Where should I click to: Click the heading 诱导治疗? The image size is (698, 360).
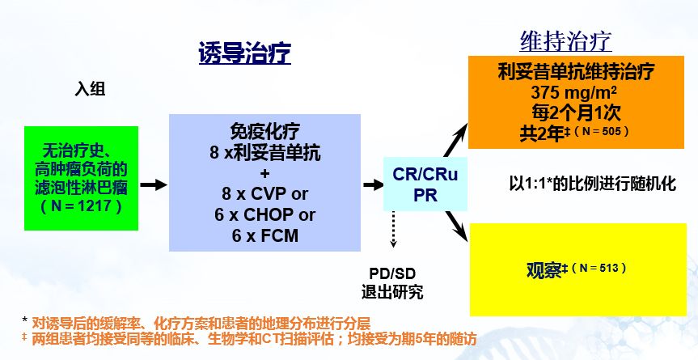pos(244,53)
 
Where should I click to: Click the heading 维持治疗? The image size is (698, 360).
pos(565,40)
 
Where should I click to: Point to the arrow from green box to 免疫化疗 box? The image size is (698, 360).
pos(153,185)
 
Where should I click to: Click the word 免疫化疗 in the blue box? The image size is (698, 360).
pos(264,132)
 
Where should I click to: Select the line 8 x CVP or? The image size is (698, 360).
pos(264,195)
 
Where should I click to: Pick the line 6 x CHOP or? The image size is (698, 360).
pos(264,215)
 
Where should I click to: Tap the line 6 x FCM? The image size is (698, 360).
pos(264,236)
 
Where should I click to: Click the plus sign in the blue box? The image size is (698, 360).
pos(264,173)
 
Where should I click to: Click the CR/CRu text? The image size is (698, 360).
pos(417,174)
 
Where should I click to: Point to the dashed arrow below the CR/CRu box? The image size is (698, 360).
pos(394,231)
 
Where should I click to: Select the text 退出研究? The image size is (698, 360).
pos(391,292)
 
